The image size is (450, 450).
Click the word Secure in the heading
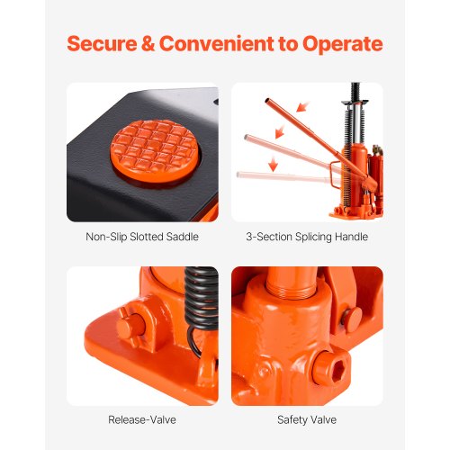tap(102, 44)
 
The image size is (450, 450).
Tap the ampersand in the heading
tap(148, 44)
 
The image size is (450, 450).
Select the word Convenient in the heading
tap(217, 44)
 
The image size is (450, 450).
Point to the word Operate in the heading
tap(343, 45)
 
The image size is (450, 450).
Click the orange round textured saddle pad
tap(155, 151)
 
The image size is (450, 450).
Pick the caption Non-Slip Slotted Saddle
tap(142, 237)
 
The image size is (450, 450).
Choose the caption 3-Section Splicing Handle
tap(307, 237)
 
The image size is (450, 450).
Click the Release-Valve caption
tap(142, 419)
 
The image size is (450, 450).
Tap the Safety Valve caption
tap(307, 419)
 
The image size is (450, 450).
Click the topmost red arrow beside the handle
tap(302, 107)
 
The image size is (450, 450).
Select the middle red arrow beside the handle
tap(280, 131)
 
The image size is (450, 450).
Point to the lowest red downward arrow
tap(273, 164)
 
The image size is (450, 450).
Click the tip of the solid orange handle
tap(267, 101)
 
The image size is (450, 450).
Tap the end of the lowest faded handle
tap(238, 175)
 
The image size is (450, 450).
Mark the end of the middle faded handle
tap(247, 138)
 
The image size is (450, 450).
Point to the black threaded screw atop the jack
tap(355, 92)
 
